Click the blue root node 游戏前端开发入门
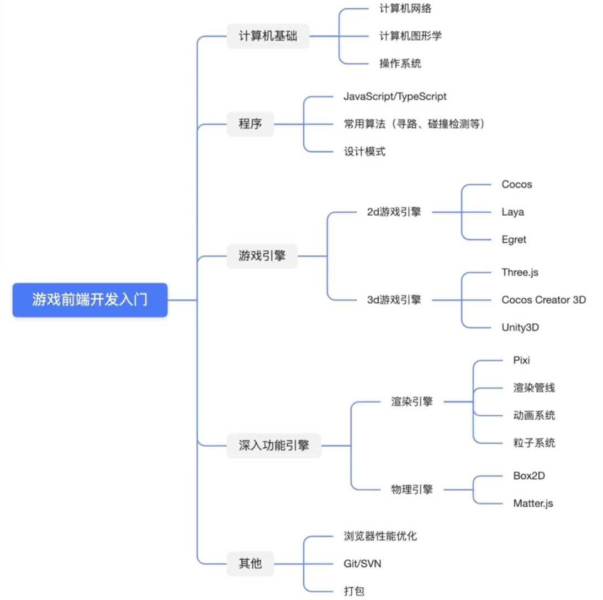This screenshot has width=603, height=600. tap(90, 299)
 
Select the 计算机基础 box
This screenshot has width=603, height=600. tap(268, 36)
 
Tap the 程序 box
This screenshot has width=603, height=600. tap(250, 124)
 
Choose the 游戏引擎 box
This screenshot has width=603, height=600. tap(262, 256)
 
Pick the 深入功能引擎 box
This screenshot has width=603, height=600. tap(274, 446)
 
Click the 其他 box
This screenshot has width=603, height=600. tap(250, 564)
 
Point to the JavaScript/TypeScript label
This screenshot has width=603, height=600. tap(395, 97)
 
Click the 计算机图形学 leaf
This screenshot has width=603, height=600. tap(410, 36)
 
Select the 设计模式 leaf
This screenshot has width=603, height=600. tap(364, 152)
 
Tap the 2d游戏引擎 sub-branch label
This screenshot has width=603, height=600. tap(394, 212)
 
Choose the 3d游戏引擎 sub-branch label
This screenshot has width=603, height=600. tap(394, 300)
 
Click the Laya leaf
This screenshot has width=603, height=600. tap(512, 212)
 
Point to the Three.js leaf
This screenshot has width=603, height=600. tap(520, 272)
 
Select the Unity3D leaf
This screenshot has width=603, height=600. tap(520, 327)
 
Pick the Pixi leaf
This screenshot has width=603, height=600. tap(521, 360)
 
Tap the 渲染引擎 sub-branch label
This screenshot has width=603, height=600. tap(412, 402)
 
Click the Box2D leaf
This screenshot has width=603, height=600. tap(529, 476)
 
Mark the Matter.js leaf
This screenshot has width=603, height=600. tap(533, 503)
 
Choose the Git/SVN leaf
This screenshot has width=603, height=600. tap(362, 564)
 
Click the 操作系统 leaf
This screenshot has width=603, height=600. tap(400, 63)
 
